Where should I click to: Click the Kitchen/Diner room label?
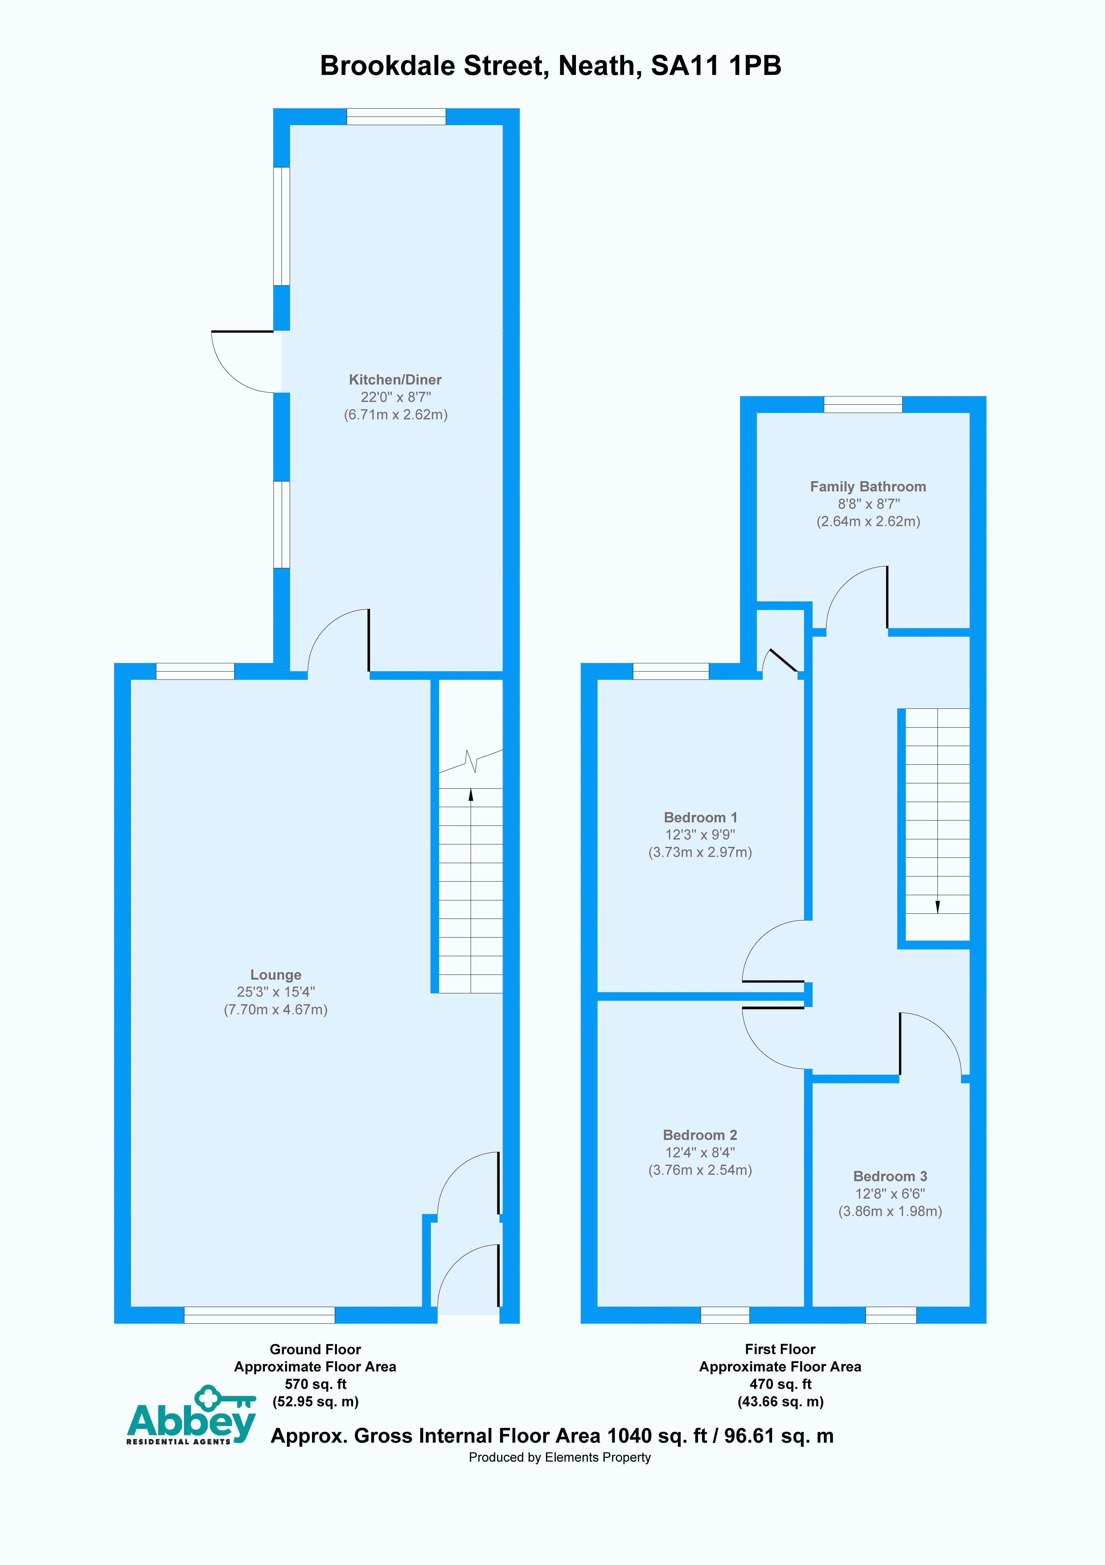[395, 380]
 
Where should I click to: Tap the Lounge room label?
[275, 975]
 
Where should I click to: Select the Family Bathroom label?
[868, 487]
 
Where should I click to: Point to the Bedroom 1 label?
[700, 817]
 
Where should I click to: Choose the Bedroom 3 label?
[890, 1177]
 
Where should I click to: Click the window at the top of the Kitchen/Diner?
[396, 117]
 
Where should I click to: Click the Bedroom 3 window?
[890, 1315]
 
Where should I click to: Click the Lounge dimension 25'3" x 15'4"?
[275, 993]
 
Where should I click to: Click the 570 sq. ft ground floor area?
[315, 1384]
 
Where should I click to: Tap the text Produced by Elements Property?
[559, 1457]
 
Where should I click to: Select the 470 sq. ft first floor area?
[780, 1384]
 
